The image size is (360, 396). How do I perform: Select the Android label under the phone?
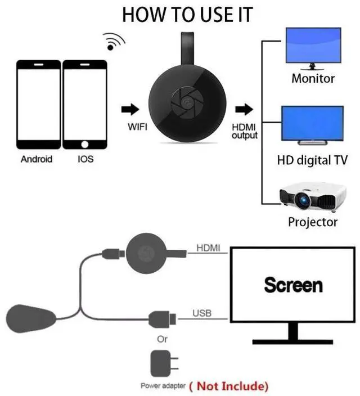(x=37, y=159)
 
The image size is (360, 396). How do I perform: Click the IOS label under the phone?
(x=85, y=159)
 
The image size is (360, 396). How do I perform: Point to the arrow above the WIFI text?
(x=130, y=109)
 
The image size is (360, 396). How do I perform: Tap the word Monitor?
(x=313, y=79)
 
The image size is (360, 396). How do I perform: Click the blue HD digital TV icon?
(x=312, y=125)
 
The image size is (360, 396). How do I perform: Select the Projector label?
(x=313, y=222)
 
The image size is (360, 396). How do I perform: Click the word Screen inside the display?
(x=293, y=285)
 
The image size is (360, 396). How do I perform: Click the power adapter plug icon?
(x=161, y=364)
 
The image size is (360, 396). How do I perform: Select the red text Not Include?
(x=228, y=386)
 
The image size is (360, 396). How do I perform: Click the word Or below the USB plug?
(x=162, y=339)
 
